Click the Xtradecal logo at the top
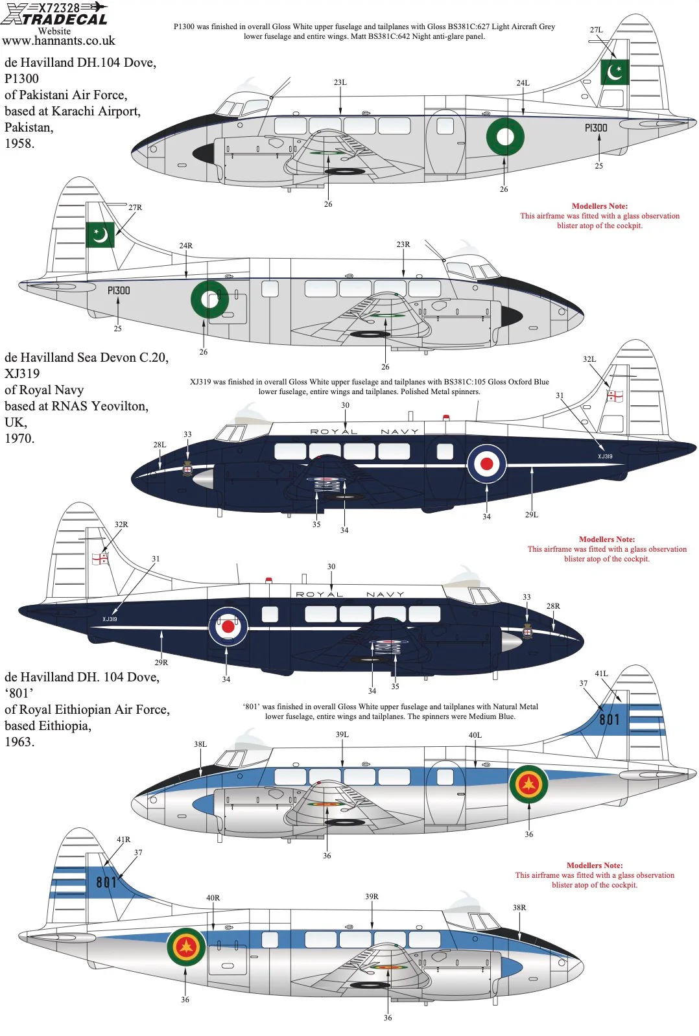pyautogui.click(x=54, y=14)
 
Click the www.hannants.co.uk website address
pyautogui.click(x=59, y=41)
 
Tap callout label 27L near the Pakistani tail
pyautogui.click(x=597, y=30)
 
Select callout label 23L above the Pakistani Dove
pyautogui.click(x=340, y=82)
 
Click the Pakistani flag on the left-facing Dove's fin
pyautogui.click(x=615, y=72)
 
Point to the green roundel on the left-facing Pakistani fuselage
pyautogui.click(x=505, y=136)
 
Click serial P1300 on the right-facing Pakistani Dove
pyautogui.click(x=119, y=290)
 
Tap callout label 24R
pyautogui.click(x=186, y=246)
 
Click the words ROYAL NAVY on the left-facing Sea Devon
pyautogui.click(x=364, y=432)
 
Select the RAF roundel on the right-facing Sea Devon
pyautogui.click(x=228, y=626)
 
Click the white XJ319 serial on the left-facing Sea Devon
pyautogui.click(x=605, y=456)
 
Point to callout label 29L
pyautogui.click(x=532, y=515)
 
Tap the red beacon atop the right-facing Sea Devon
pyautogui.click(x=268, y=580)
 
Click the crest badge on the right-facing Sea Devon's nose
pyautogui.click(x=527, y=631)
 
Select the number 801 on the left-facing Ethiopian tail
pyautogui.click(x=610, y=719)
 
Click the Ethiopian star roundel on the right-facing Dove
pyautogui.click(x=186, y=947)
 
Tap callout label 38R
pyautogui.click(x=519, y=908)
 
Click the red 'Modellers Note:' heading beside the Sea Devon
pyautogui.click(x=606, y=539)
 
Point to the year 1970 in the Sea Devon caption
pyautogui.click(x=19, y=438)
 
